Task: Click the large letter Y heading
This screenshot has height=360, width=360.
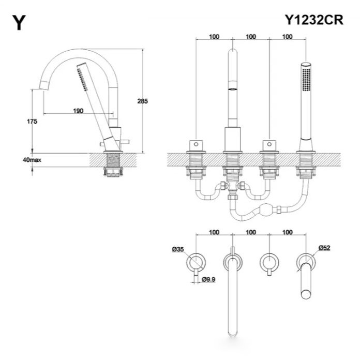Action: coord(19,23)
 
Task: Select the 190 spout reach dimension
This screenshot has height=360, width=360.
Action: coord(78,111)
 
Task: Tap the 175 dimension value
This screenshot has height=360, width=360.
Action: coord(32,122)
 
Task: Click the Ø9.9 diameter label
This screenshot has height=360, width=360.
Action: coord(208,280)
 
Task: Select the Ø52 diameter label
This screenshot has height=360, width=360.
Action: coord(324,248)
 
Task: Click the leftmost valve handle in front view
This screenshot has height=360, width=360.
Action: coord(197,143)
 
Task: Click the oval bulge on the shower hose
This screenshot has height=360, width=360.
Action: coord(267,211)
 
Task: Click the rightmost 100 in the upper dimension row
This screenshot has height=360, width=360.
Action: coord(288,37)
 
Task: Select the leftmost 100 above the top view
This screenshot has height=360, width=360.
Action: coord(215,233)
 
